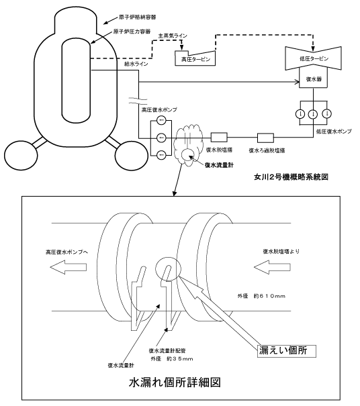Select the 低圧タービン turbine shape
(314, 58)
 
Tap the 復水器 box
(314, 78)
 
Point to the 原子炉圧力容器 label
(132, 32)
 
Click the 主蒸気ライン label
(173, 36)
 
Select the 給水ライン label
(136, 64)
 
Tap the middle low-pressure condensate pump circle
(314, 113)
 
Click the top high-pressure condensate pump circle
(161, 120)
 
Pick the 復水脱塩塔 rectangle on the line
(219, 138)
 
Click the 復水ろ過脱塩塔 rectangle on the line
(265, 138)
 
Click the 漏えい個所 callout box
(286, 351)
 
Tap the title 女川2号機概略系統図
(291, 177)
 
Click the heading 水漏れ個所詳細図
(175, 383)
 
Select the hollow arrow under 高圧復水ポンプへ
(68, 267)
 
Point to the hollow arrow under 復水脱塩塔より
(272, 267)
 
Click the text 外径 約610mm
(261, 296)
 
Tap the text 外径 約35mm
(172, 359)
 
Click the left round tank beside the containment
(21, 156)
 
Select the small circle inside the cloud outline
(187, 155)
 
